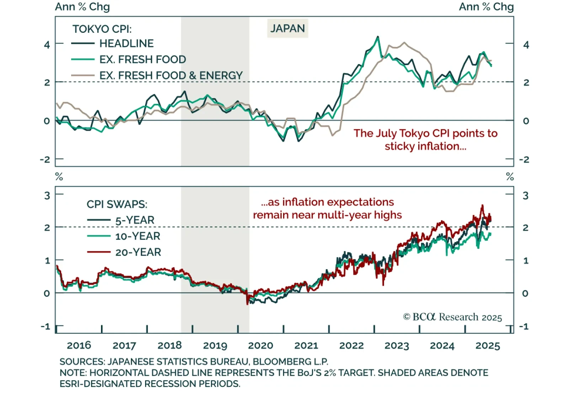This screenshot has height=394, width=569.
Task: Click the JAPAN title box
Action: tap(287, 28)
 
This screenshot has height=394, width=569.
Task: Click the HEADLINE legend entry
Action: tap(126, 43)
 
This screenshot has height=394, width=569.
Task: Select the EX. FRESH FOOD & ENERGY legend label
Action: tap(171, 75)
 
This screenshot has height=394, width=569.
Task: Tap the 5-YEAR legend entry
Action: tap(134, 220)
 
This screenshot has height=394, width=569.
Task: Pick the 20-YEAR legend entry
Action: tap(138, 252)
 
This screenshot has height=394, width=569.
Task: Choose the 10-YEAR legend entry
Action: tap(137, 236)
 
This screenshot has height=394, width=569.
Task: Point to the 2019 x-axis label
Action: tap(215, 345)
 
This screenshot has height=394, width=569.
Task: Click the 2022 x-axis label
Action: tap(351, 345)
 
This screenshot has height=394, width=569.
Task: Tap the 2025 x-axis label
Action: tap(488, 345)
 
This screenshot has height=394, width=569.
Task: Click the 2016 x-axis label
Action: tap(79, 345)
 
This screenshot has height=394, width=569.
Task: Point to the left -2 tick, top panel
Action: tap(45, 159)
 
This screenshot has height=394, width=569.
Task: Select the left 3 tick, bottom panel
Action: tap(47, 195)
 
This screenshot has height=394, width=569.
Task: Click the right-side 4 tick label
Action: tap(526, 45)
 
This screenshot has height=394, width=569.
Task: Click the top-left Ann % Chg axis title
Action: tap(82, 7)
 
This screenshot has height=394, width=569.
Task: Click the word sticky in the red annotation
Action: tap(400, 146)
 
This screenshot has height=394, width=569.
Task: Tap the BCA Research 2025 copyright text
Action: tap(452, 317)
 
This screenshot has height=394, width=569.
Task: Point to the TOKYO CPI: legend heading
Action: tap(102, 29)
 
